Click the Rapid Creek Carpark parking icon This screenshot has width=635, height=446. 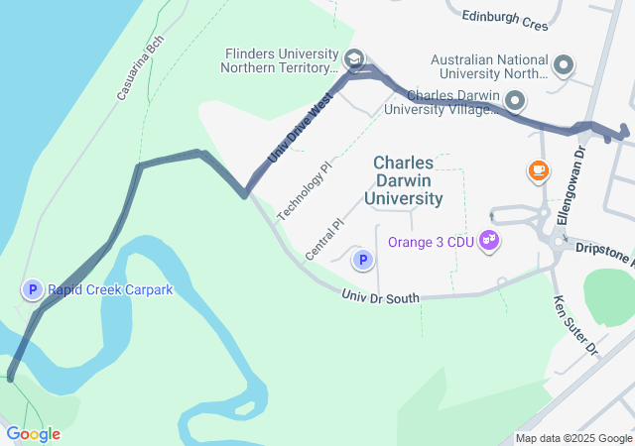click(33, 289)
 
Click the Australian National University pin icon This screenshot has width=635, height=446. click(564, 66)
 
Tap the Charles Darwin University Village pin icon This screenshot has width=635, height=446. click(515, 100)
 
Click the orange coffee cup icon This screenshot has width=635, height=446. click(539, 171)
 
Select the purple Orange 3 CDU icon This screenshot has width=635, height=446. click(488, 241)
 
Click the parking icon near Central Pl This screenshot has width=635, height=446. click(363, 261)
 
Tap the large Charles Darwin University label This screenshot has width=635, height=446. click(409, 179)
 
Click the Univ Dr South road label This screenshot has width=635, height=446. click(380, 295)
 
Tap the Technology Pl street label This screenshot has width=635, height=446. click(304, 189)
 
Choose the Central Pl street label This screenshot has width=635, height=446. click(323, 241)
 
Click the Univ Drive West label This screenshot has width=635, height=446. click(299, 130)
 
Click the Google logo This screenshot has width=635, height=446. click(33, 433)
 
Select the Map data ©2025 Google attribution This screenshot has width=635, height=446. click(573, 439)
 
